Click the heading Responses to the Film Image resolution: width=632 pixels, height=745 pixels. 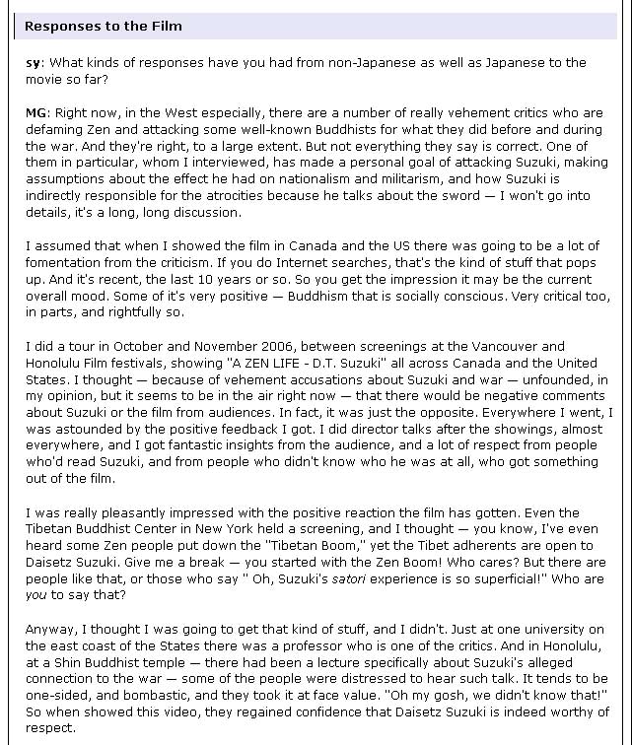click(x=104, y=27)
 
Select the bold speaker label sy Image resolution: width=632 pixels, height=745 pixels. click(x=33, y=63)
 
